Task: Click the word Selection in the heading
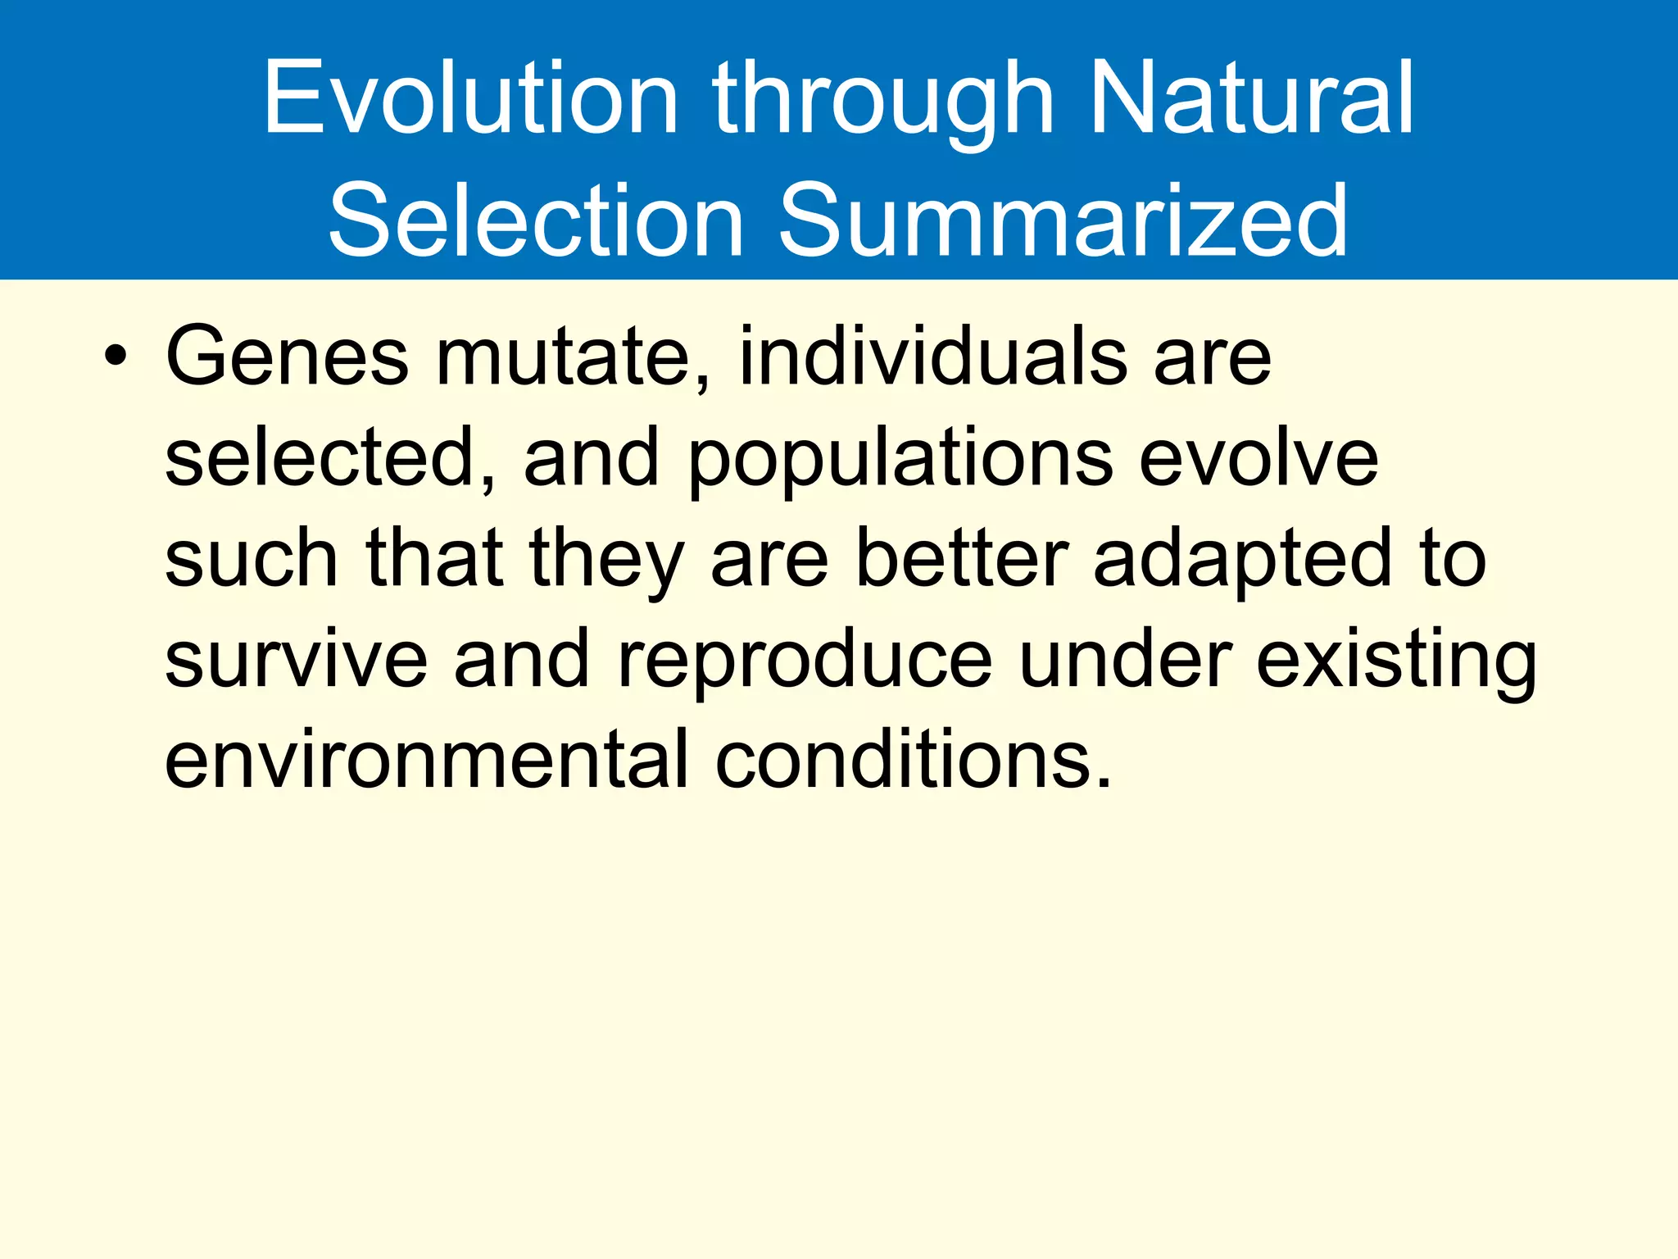pos(536,221)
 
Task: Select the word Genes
pos(287,357)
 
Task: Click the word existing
pos(1396,662)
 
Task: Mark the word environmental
pos(426,761)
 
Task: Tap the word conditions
pos(913,761)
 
